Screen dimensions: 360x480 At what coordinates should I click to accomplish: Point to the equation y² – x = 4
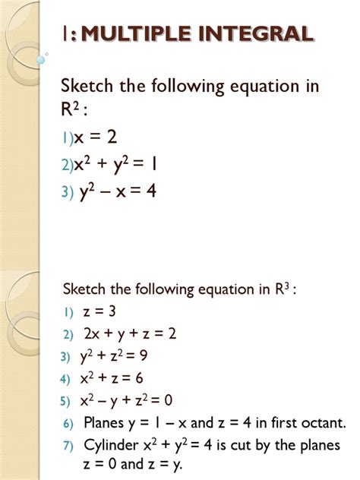(x=118, y=192)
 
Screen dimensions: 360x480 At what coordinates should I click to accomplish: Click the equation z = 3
(x=99, y=311)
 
